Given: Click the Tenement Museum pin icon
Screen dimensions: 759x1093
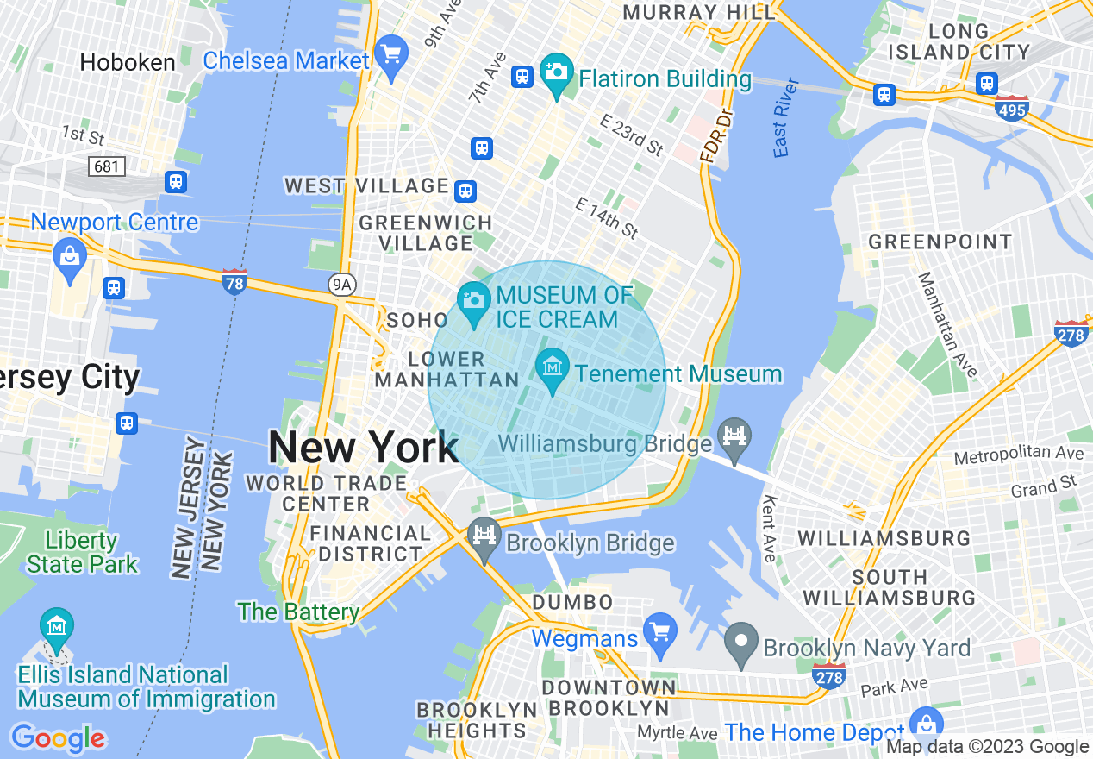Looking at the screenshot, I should [x=552, y=370].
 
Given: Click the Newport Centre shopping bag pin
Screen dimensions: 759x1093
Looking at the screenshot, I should [x=68, y=256].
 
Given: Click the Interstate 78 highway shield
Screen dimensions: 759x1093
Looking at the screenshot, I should [x=234, y=282].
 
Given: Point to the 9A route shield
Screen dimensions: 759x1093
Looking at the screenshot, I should [x=343, y=285].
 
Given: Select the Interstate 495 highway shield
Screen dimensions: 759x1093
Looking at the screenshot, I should [x=1011, y=109].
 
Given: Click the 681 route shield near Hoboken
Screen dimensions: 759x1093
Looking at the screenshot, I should [x=106, y=166].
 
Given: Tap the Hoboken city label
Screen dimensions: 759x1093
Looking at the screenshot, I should [x=128, y=62].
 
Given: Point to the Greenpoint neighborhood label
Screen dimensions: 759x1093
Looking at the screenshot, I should [x=940, y=241].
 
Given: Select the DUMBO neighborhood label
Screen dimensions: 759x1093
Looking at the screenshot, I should [x=572, y=602].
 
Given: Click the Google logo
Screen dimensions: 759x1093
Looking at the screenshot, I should [x=58, y=737].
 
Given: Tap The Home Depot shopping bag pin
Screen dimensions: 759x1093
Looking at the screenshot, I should [x=927, y=724].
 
